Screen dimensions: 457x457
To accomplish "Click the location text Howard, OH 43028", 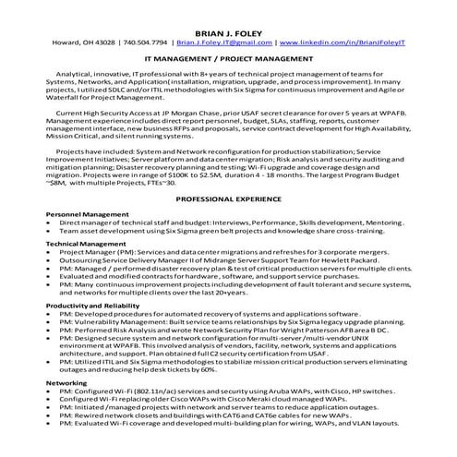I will (81, 42).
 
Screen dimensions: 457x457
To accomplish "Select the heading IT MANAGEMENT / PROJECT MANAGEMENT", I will (228, 57).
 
